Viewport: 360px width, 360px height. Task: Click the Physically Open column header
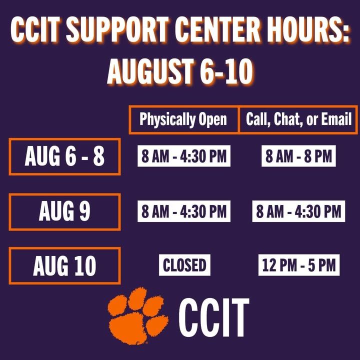(183, 119)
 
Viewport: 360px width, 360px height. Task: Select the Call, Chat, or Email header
(298, 119)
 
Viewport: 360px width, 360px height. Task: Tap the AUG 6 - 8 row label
(64, 156)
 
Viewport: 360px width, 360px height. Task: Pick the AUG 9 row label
(64, 211)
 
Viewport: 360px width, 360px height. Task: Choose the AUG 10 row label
(64, 266)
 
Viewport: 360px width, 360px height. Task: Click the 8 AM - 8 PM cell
(298, 156)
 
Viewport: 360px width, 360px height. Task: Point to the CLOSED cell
(184, 265)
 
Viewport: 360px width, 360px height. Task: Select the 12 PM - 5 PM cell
(299, 265)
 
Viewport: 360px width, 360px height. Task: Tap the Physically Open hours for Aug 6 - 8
(184, 156)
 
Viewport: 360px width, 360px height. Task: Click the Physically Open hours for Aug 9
(184, 211)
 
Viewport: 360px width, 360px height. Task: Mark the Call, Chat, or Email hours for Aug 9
(298, 211)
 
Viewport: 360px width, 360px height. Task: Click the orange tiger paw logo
(138, 316)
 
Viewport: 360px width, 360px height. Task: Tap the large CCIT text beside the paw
(214, 317)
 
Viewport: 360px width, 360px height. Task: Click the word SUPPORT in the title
(117, 29)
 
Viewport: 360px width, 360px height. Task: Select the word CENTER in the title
(219, 29)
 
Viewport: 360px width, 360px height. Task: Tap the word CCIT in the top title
(35, 29)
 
